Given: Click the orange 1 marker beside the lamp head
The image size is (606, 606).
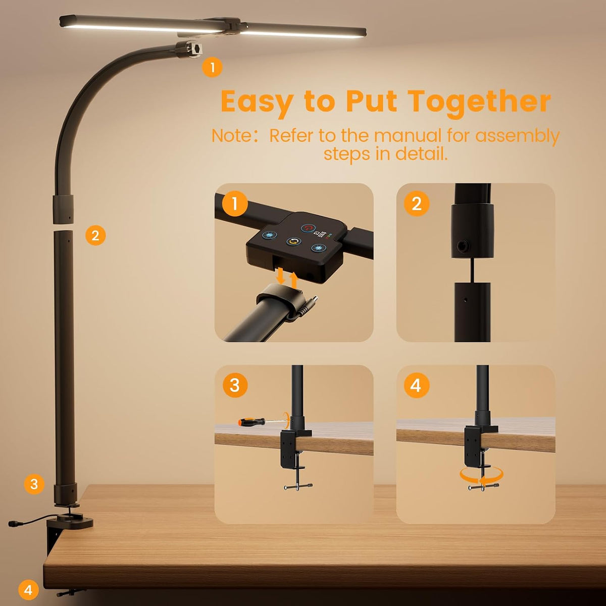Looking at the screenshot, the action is click(x=212, y=67).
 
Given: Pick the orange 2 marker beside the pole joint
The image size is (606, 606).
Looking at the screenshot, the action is click(x=95, y=235).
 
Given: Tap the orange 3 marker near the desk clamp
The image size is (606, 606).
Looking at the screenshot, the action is click(x=34, y=484).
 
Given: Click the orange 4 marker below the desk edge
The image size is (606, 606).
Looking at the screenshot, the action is click(x=28, y=590).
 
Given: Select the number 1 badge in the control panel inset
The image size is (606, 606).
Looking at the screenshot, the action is click(x=235, y=204).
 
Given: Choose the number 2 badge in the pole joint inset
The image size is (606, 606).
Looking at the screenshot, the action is click(x=416, y=204).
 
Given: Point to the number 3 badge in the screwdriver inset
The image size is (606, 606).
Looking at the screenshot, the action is click(x=235, y=385).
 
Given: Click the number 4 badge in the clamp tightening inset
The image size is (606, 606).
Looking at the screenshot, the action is click(x=416, y=385).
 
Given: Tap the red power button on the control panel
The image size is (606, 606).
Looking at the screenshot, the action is click(x=308, y=228).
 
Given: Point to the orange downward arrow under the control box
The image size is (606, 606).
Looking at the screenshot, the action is click(x=280, y=275).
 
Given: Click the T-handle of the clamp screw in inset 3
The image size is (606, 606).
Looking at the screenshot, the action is click(x=298, y=487).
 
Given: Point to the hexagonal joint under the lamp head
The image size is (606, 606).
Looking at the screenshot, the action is click(x=189, y=48).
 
